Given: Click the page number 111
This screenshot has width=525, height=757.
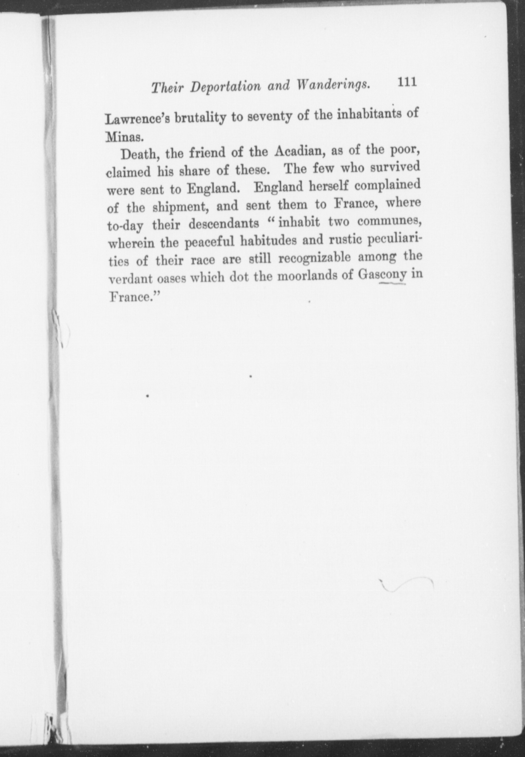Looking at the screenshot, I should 406,82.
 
